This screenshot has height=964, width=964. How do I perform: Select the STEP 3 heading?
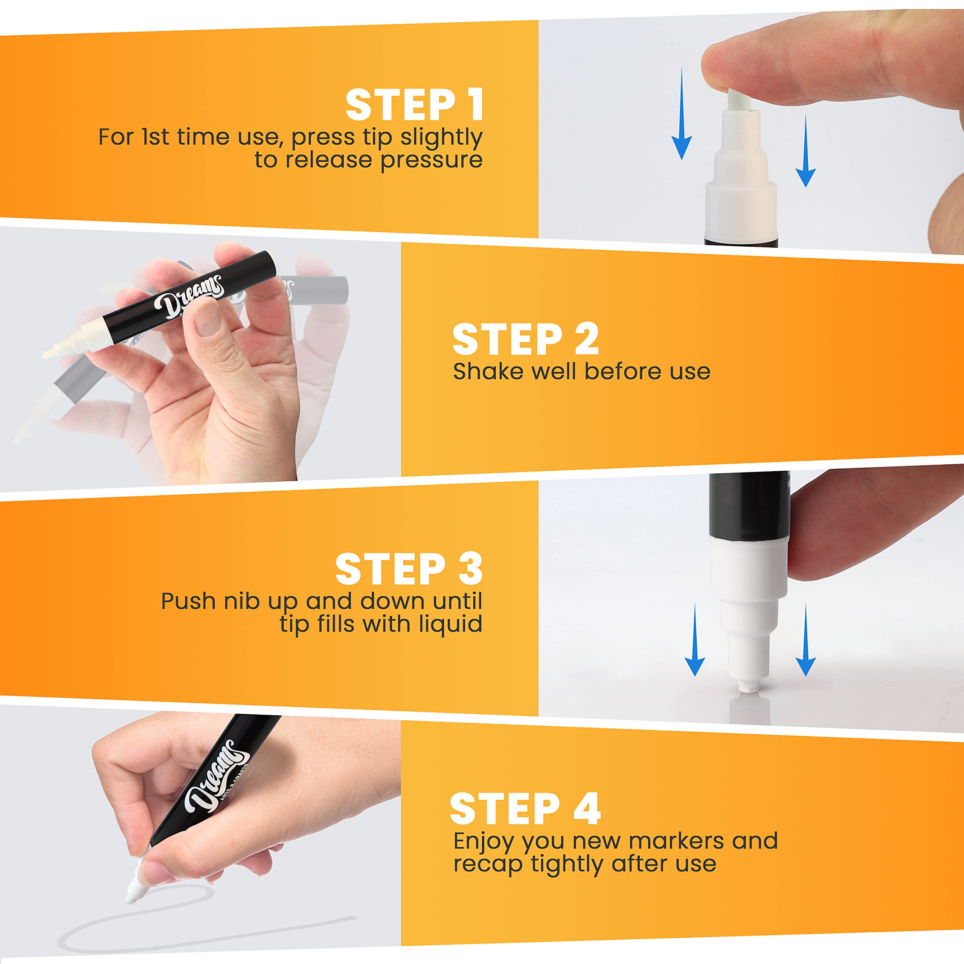click(x=409, y=569)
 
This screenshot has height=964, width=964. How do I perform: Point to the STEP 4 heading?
click(x=525, y=809)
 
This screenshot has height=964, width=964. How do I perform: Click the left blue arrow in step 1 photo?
click(x=681, y=113)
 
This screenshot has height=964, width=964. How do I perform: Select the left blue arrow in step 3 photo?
click(x=694, y=640)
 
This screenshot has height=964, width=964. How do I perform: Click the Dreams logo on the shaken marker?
click(x=188, y=297)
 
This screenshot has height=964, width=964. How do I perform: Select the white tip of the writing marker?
click(x=134, y=889)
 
